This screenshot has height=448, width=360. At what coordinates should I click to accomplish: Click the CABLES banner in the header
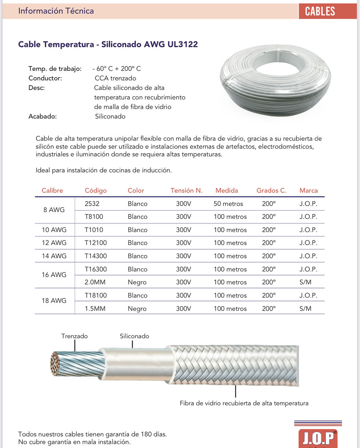[x=320, y=11]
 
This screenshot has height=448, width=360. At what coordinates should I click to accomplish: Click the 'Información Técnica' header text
[x=56, y=11]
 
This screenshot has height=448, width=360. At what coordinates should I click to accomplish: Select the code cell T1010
[x=94, y=230]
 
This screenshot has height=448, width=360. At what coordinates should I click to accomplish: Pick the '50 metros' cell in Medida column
[x=228, y=204]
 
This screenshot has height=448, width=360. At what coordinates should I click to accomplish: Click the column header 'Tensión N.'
[x=186, y=191]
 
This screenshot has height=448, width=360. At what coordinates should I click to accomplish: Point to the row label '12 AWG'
[x=54, y=243]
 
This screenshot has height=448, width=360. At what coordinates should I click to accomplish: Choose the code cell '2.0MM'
[x=95, y=282]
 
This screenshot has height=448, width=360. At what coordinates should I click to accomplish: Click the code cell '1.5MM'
[x=95, y=309]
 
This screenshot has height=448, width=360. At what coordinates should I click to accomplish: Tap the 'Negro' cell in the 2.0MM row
[x=137, y=282]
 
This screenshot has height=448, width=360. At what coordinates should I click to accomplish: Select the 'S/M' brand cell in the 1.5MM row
[x=305, y=309]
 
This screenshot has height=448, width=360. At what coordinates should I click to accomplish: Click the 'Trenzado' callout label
[x=75, y=336]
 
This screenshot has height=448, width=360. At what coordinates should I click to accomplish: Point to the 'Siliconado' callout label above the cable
[x=134, y=336]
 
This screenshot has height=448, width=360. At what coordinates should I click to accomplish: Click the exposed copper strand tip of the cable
[x=55, y=364]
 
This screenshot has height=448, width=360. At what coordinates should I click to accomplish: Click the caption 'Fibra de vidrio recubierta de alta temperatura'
[x=244, y=403]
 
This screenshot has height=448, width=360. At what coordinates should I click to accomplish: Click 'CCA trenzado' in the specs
[x=115, y=78]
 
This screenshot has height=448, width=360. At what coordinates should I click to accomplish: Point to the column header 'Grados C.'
[x=271, y=191]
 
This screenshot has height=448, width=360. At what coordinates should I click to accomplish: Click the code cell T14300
[x=96, y=256]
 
